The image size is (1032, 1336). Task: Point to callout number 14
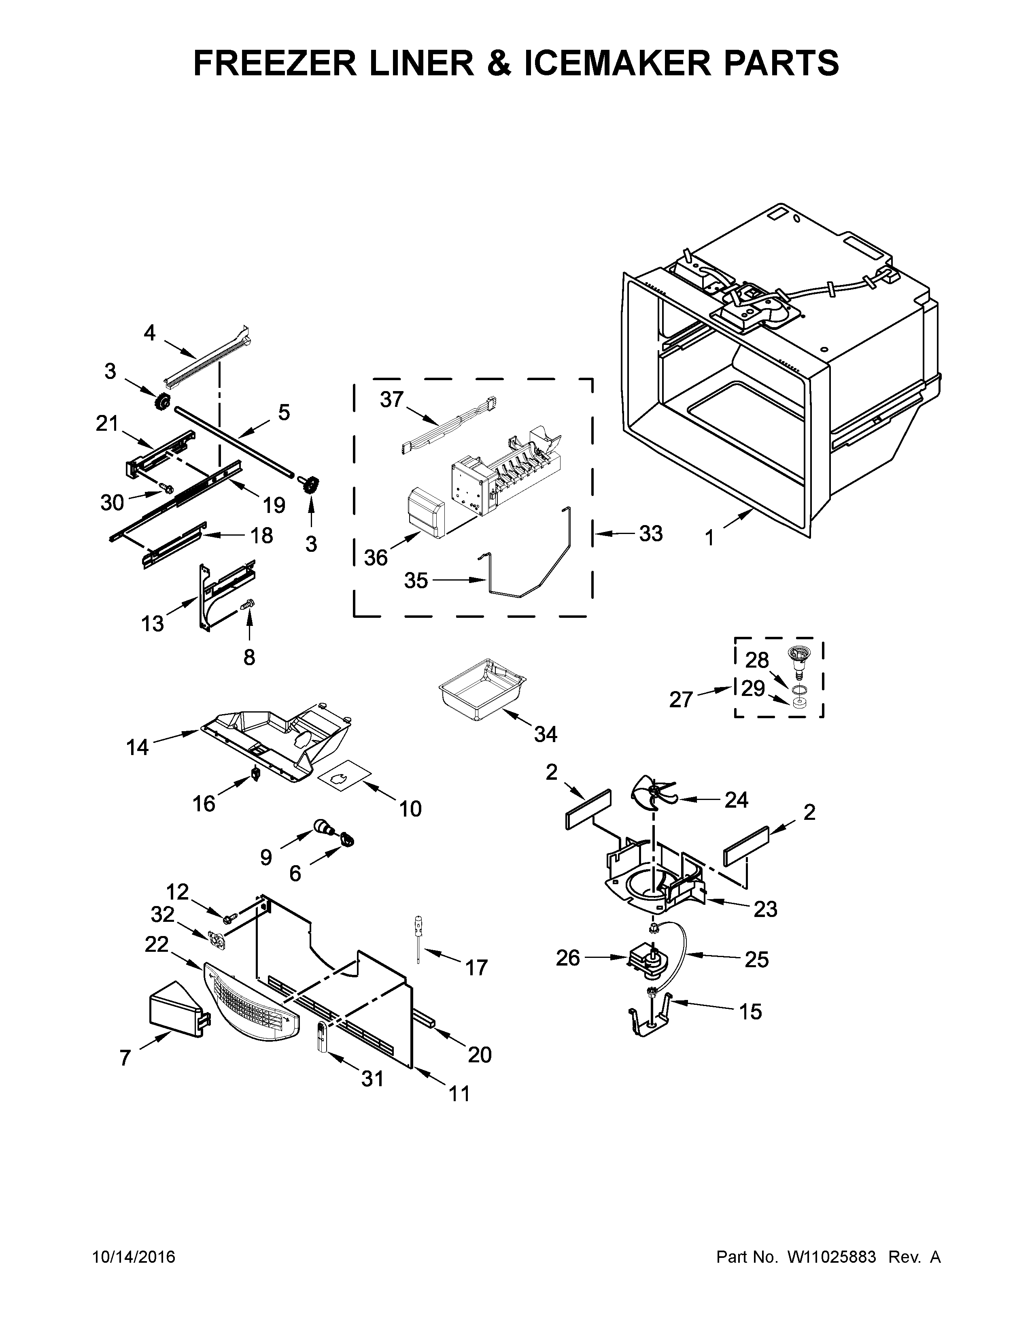(x=138, y=747)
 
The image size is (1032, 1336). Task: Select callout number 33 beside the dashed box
(x=650, y=534)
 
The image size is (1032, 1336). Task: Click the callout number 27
(x=680, y=699)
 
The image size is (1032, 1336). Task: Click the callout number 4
(x=150, y=333)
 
